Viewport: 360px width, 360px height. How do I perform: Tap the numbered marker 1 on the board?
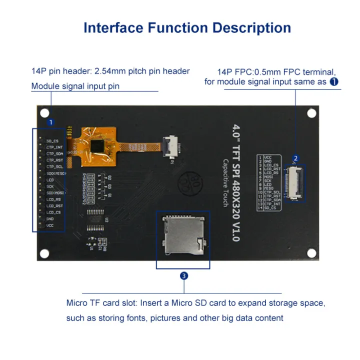click(x=50, y=122)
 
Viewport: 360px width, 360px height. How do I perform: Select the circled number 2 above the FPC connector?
click(x=295, y=159)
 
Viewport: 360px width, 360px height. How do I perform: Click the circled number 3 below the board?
click(x=184, y=275)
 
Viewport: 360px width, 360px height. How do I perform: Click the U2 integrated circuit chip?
click(x=96, y=219)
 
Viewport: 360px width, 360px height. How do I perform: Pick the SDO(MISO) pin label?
click(x=56, y=173)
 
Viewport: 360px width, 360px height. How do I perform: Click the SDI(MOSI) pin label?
click(x=55, y=192)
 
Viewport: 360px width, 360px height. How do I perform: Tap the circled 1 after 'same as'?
click(x=333, y=81)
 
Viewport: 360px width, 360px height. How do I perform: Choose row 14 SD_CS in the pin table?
click(x=269, y=207)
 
